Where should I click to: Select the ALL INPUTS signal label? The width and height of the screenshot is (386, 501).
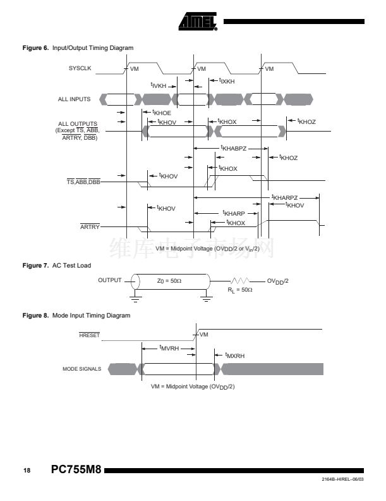(x=75, y=99)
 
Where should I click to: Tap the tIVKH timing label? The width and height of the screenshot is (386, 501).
(x=158, y=85)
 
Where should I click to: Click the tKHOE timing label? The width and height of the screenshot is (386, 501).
(x=162, y=112)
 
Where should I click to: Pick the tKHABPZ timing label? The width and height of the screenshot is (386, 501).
(x=232, y=148)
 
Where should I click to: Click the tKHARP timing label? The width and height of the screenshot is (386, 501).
(x=233, y=213)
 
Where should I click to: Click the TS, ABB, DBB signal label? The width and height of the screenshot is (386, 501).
(x=83, y=182)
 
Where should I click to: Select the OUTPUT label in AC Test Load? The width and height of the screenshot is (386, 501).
(x=109, y=280)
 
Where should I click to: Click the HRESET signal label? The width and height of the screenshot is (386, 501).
(x=89, y=336)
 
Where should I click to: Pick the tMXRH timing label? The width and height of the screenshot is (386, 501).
(x=234, y=356)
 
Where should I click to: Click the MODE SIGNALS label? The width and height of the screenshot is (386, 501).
(x=81, y=369)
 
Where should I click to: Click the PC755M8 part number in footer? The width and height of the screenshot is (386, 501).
(x=76, y=470)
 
